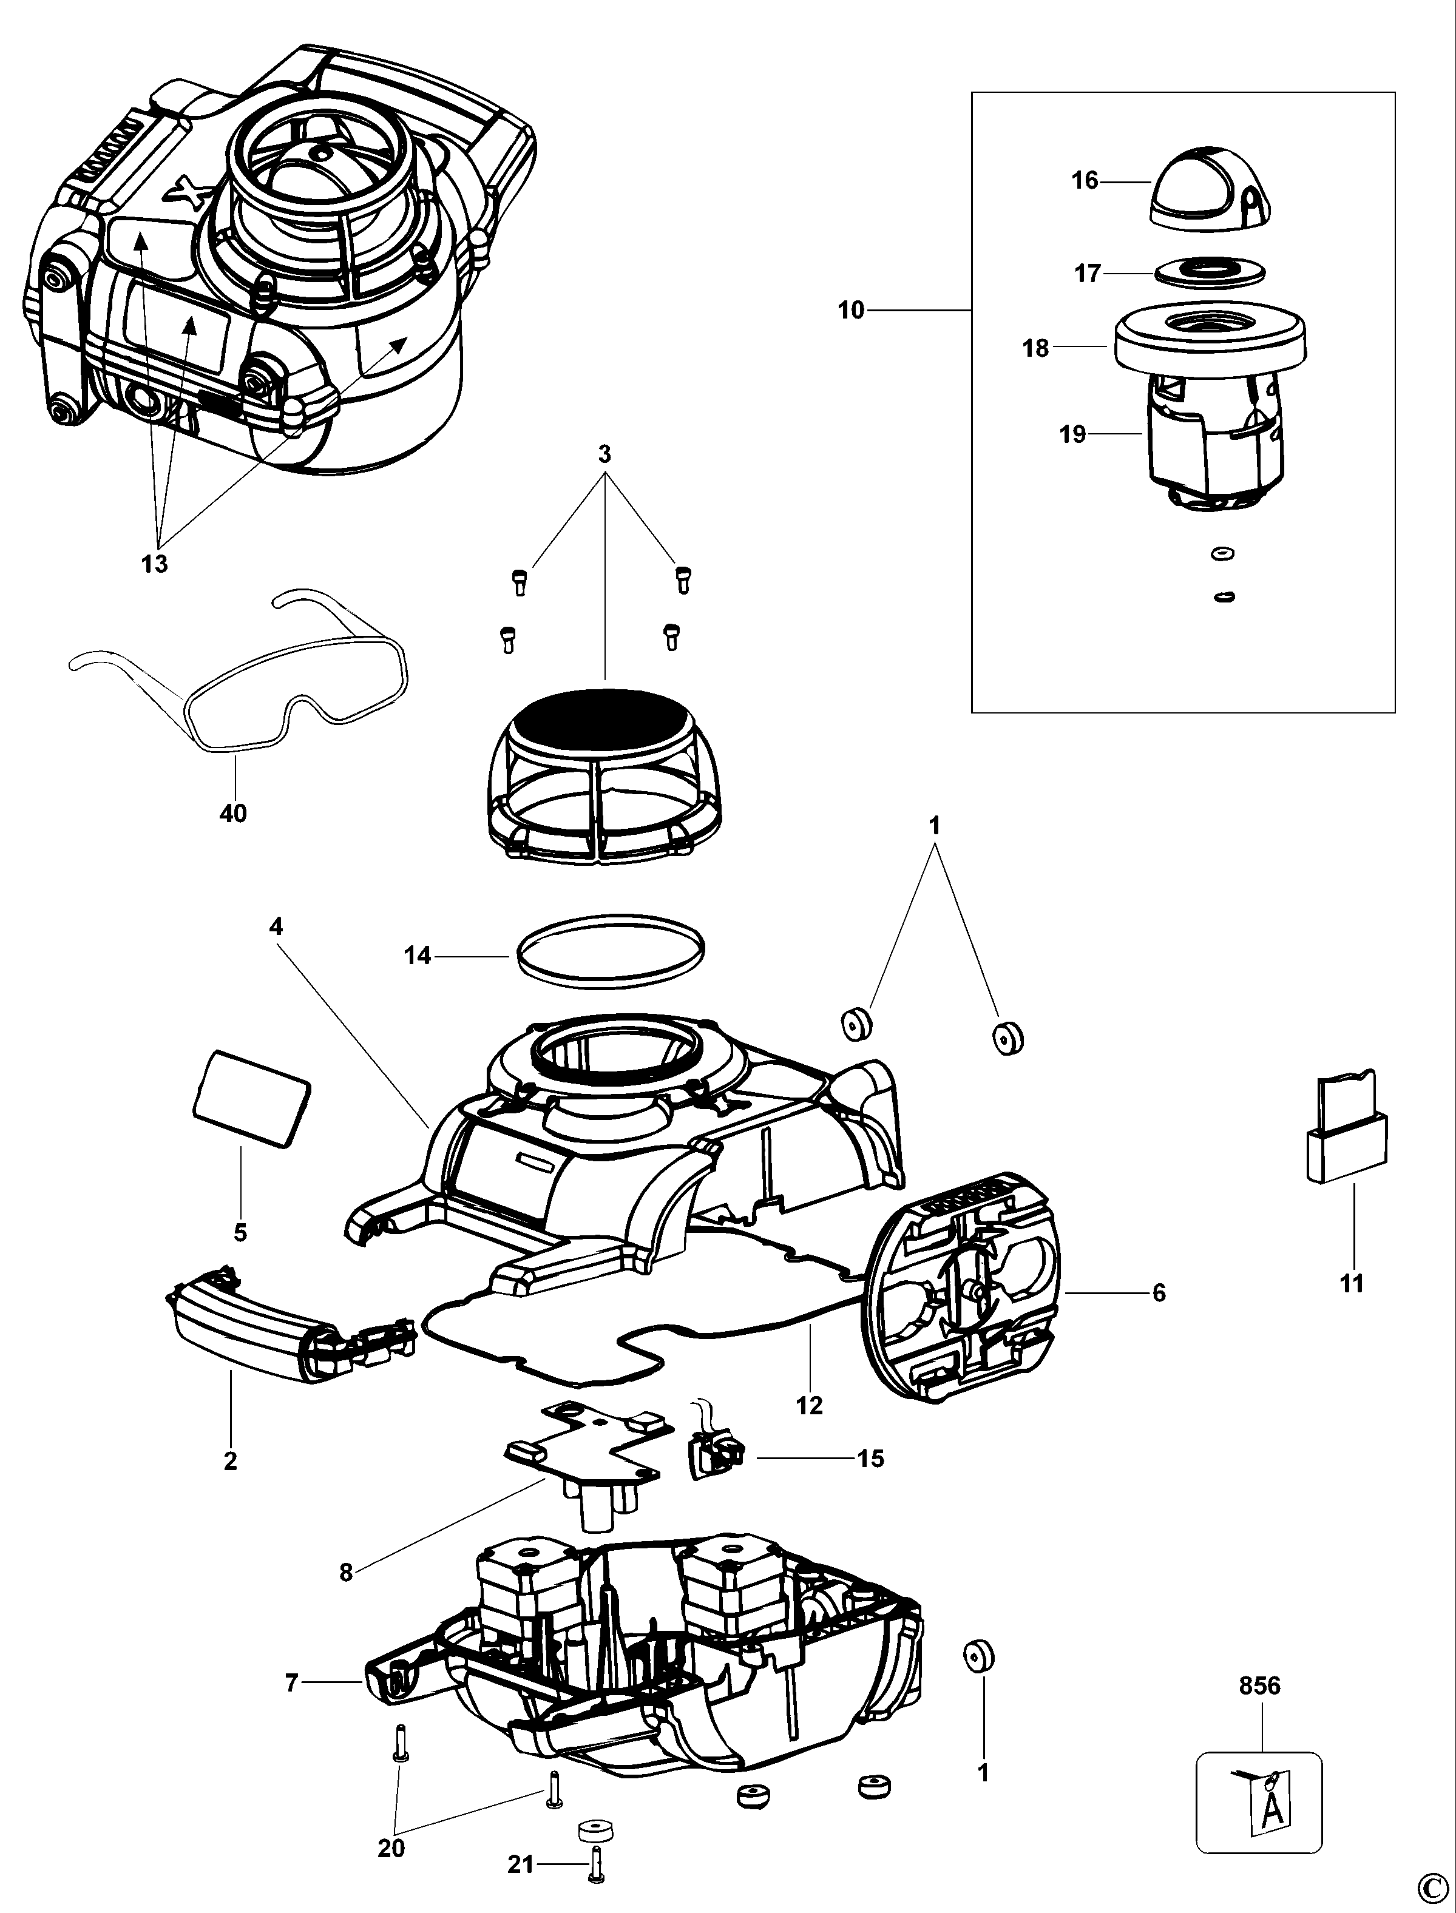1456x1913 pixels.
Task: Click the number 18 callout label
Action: (x=1035, y=349)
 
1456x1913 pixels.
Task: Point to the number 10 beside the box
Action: (x=851, y=310)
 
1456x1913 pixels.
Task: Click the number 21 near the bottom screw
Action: (x=520, y=1864)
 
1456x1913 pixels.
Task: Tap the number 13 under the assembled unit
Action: (x=154, y=564)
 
